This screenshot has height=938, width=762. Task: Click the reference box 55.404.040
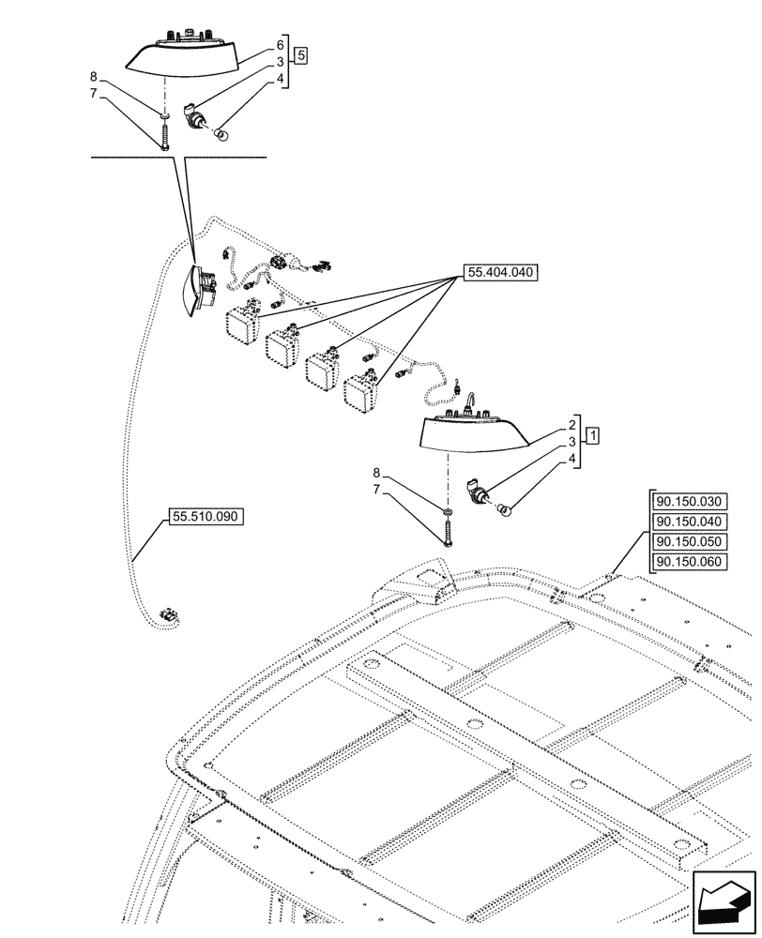coord(497,274)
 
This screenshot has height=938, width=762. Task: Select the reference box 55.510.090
coord(205,516)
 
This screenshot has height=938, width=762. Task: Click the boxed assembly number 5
coord(300,54)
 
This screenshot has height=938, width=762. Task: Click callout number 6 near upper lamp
coord(281,44)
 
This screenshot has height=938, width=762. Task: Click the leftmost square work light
coord(241,325)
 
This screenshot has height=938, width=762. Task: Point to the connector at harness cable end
coord(168,614)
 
